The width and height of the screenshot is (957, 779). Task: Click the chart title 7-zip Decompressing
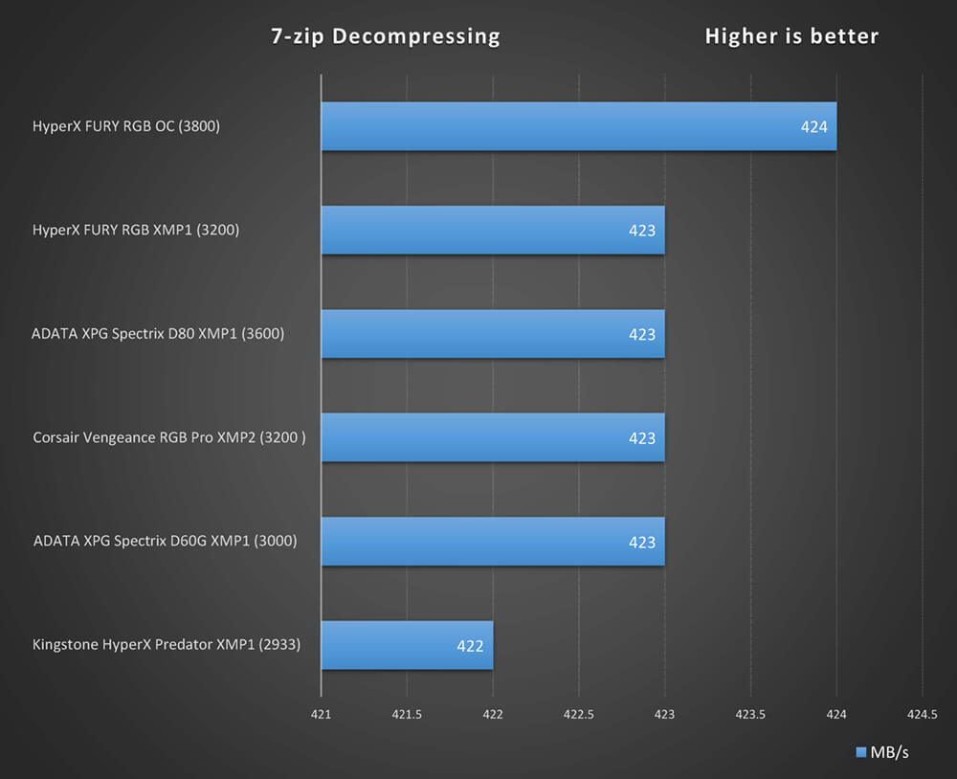(x=385, y=36)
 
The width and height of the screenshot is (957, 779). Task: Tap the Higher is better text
(x=791, y=36)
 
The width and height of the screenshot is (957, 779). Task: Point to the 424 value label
(x=814, y=126)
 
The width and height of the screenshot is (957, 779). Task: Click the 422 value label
(x=470, y=646)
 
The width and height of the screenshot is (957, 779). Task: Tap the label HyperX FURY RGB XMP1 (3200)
(x=136, y=230)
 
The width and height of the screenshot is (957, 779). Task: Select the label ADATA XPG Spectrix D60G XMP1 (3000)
(x=165, y=541)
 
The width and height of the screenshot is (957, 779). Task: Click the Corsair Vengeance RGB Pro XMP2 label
(x=175, y=437)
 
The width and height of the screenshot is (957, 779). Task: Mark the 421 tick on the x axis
(x=322, y=713)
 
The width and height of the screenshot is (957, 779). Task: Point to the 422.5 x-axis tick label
(x=579, y=713)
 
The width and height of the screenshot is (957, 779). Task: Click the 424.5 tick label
(x=922, y=713)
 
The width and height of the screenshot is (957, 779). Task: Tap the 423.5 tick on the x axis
(x=750, y=713)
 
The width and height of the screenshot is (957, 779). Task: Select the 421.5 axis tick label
(x=407, y=713)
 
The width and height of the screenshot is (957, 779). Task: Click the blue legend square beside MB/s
(x=860, y=751)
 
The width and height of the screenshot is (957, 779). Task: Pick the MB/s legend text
(x=889, y=752)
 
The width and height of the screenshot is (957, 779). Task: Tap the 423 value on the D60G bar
(x=642, y=542)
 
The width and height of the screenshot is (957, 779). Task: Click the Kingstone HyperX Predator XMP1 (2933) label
(x=167, y=645)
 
